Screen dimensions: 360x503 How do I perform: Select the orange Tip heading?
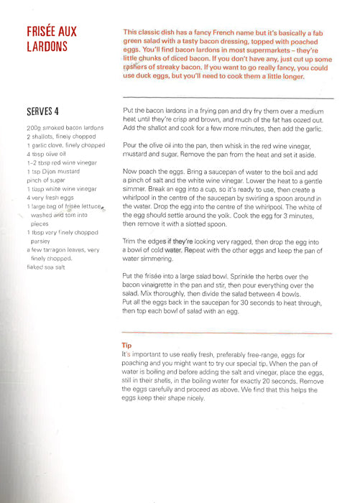[128, 345]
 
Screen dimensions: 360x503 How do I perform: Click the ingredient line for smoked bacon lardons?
[65, 127]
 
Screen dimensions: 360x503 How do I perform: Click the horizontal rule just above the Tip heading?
[227, 333]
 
